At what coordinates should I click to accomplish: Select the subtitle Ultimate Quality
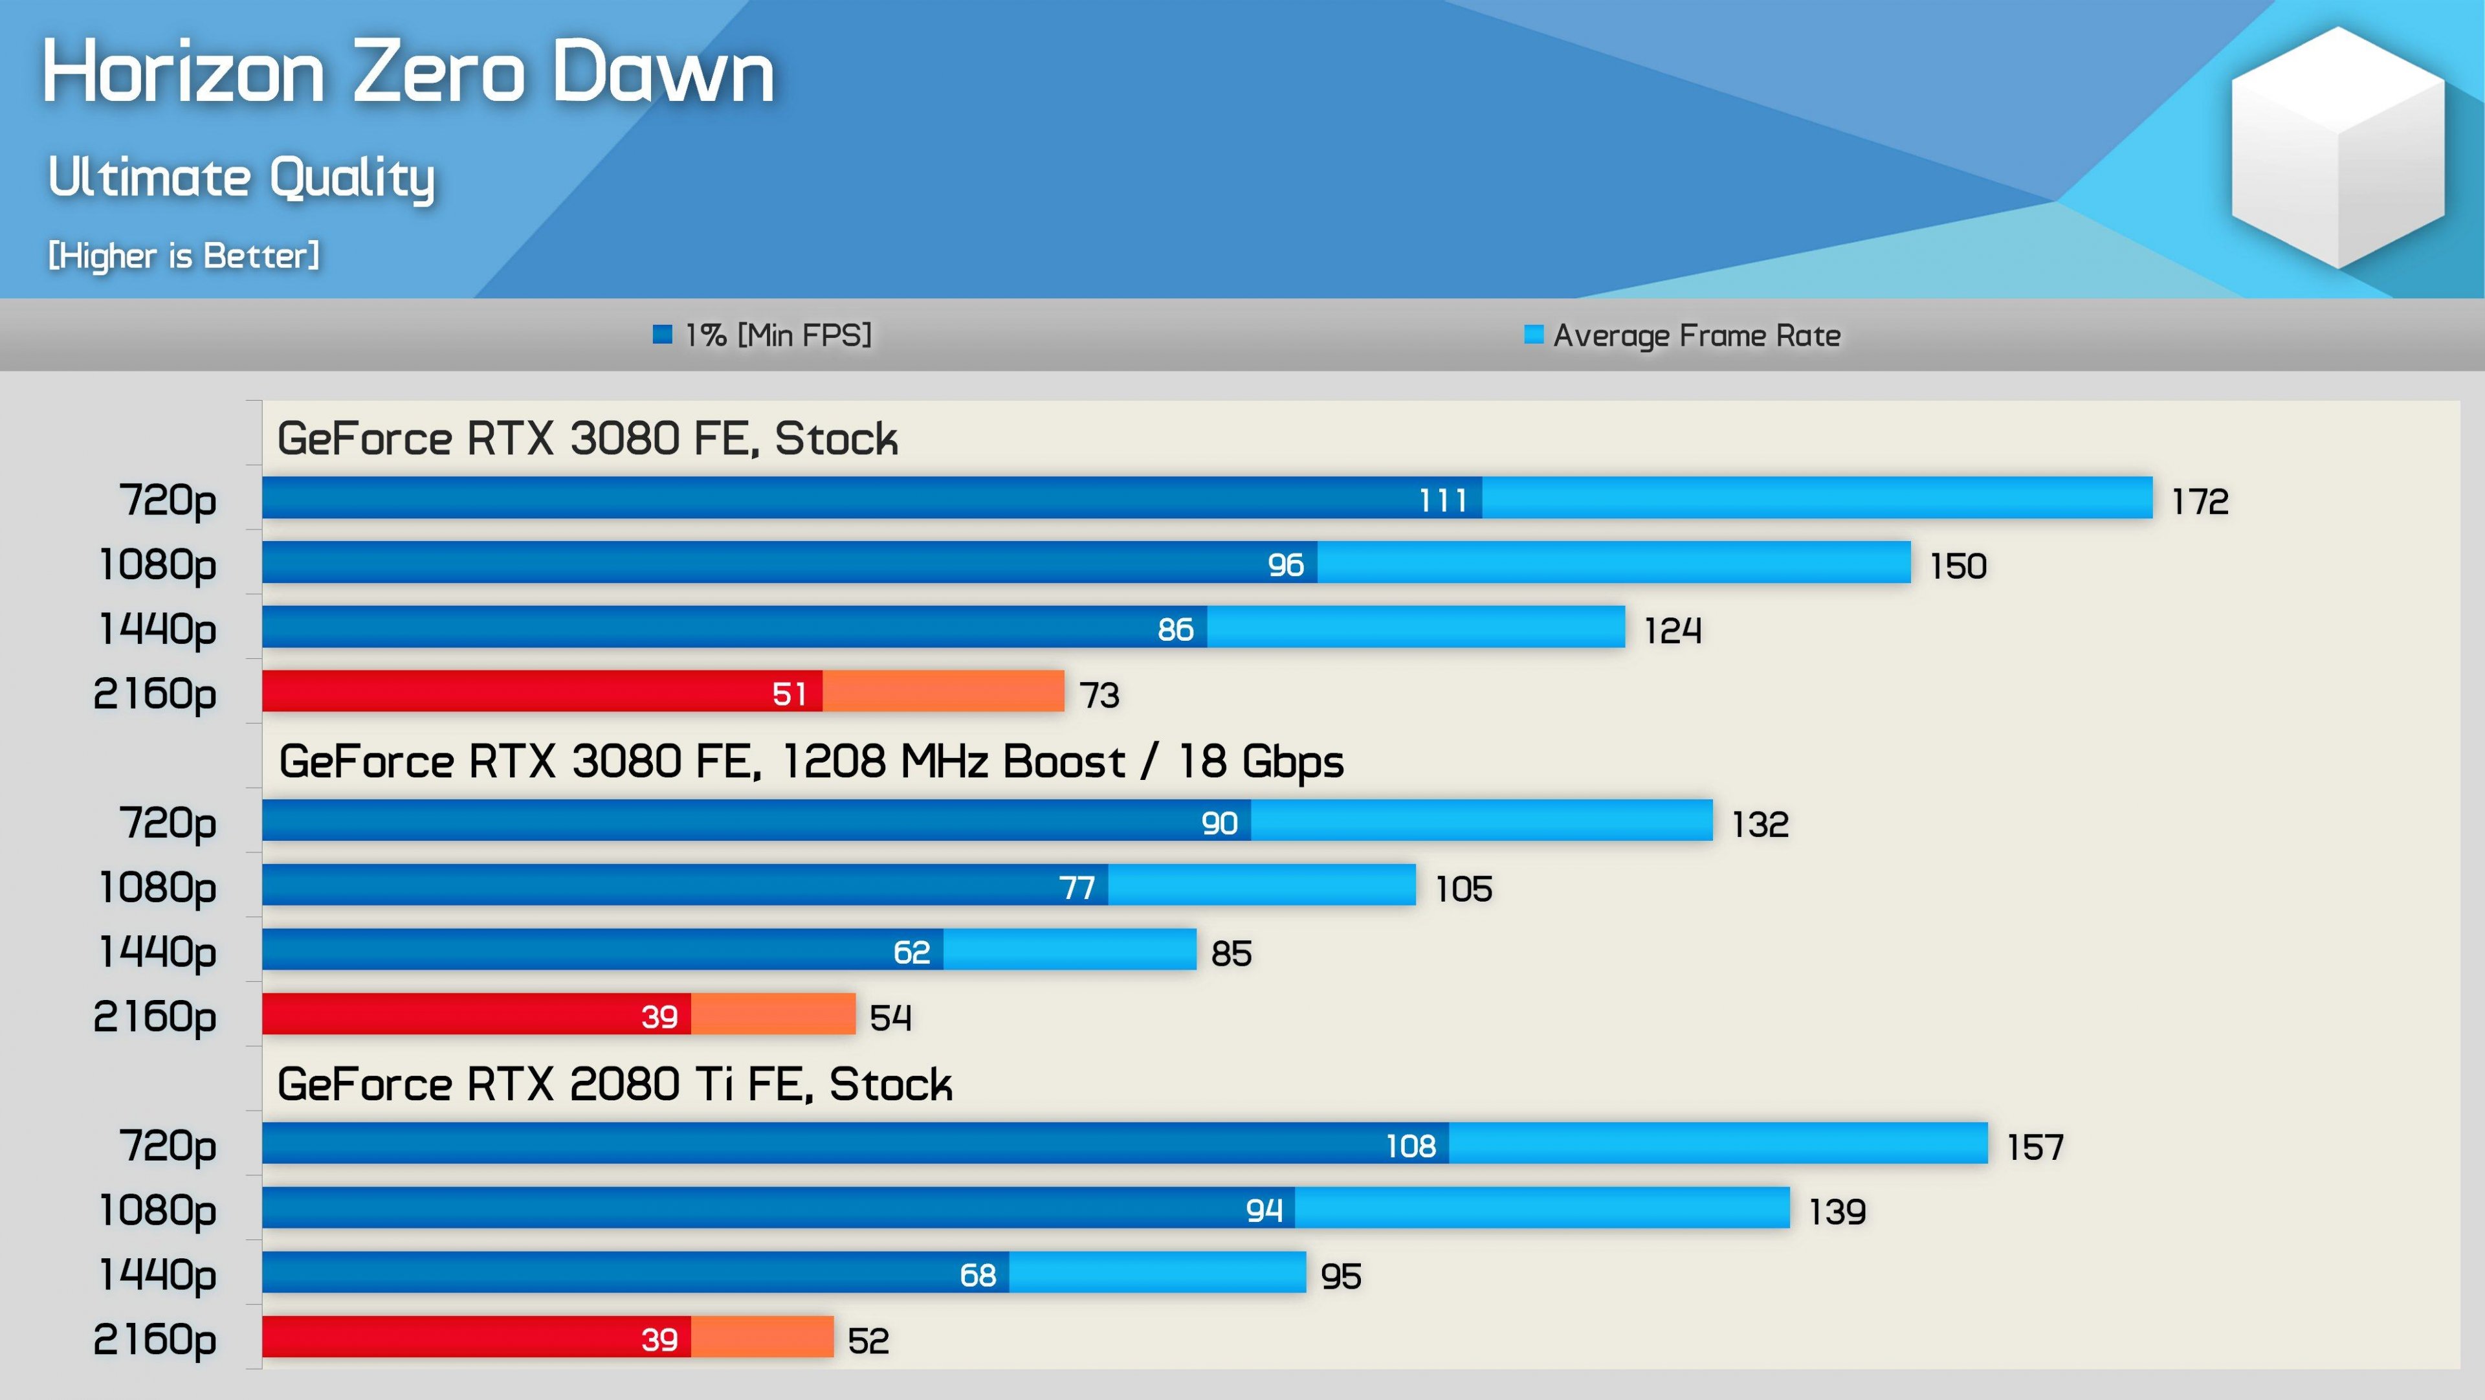[241, 177]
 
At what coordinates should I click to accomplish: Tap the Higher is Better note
[183, 256]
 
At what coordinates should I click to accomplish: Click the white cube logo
[2337, 147]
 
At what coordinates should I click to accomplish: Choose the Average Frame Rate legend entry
[1683, 335]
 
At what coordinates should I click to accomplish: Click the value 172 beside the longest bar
[2200, 501]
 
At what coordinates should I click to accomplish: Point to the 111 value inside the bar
[1442, 500]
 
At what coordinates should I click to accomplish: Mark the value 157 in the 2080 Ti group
[2035, 1146]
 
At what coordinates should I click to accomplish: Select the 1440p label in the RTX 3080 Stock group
[158, 629]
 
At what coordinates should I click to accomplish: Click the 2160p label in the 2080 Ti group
[155, 1339]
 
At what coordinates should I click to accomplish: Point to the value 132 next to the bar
[1760, 824]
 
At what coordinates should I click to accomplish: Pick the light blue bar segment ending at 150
[1613, 562]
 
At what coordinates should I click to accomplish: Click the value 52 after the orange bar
[868, 1340]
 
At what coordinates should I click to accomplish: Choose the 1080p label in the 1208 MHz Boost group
[158, 887]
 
